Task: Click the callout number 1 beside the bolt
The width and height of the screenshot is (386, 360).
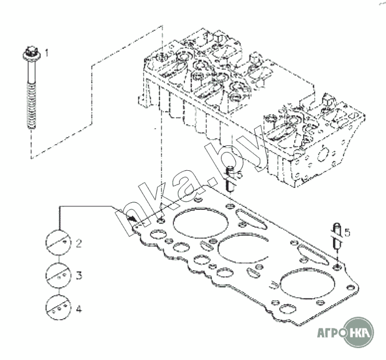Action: [x=46, y=53]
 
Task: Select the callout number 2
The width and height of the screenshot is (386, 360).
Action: [x=79, y=243]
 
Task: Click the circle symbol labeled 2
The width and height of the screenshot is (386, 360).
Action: [x=59, y=242]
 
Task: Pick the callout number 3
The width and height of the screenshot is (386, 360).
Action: [x=79, y=275]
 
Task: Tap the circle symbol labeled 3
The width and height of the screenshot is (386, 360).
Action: [x=59, y=275]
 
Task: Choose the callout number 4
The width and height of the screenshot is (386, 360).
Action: [x=79, y=309]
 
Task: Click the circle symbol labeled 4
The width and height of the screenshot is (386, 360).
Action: [x=59, y=307]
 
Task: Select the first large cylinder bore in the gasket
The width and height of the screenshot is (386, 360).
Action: [x=201, y=223]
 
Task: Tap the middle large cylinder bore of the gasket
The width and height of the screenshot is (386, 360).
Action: [x=242, y=248]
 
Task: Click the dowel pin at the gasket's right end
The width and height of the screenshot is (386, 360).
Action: [x=337, y=236]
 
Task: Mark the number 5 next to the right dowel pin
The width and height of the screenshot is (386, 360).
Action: [x=347, y=232]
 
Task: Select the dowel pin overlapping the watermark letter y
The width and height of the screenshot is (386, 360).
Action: [x=230, y=179]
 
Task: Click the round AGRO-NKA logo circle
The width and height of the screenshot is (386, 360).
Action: [x=359, y=332]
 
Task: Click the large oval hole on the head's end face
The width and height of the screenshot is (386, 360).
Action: [x=323, y=153]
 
